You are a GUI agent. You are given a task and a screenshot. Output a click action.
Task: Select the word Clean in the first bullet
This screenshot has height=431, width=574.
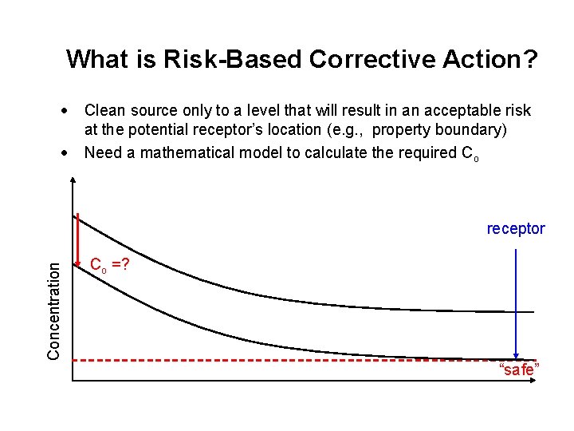tap(104, 111)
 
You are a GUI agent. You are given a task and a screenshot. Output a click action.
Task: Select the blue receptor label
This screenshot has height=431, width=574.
tap(516, 229)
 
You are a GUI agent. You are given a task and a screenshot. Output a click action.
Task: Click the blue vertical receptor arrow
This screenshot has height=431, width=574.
tap(517, 303)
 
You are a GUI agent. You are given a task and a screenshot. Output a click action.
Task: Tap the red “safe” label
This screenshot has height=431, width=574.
tap(519, 370)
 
